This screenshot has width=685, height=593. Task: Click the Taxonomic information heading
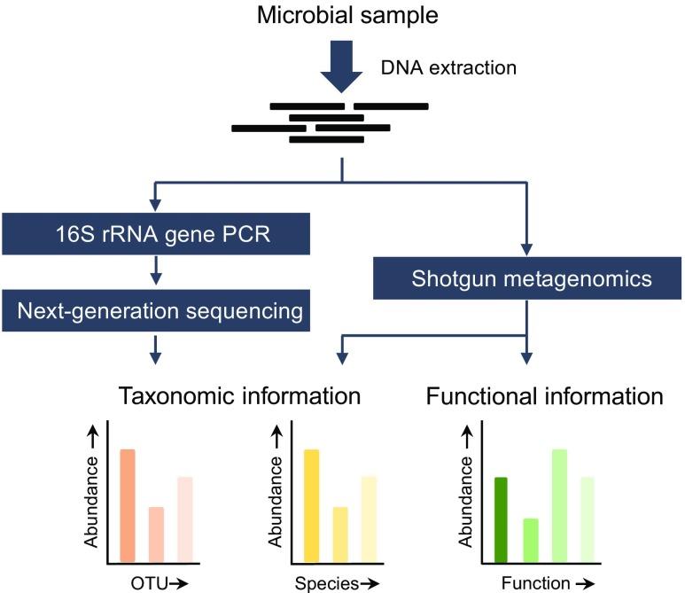(x=239, y=396)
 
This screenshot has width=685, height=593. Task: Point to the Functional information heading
(x=544, y=396)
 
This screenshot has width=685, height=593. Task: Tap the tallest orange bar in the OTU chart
(x=128, y=505)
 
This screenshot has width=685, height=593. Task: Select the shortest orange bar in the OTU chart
(x=155, y=534)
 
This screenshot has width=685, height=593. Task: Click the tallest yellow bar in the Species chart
(x=312, y=505)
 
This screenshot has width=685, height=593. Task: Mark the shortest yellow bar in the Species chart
(x=339, y=534)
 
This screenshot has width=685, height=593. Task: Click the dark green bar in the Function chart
(x=502, y=519)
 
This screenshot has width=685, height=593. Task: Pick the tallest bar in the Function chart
(x=558, y=505)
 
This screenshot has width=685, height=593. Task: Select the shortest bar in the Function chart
(x=531, y=540)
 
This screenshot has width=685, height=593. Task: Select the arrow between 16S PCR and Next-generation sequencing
(x=156, y=271)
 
